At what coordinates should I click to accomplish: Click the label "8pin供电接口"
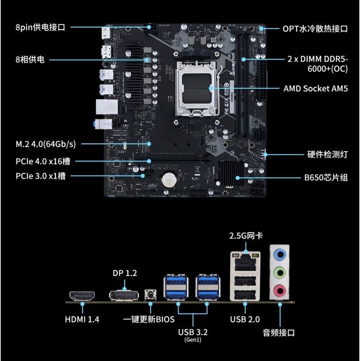40,28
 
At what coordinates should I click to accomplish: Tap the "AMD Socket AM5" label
316,89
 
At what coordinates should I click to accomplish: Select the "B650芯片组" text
326,178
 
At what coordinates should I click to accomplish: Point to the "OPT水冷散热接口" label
315,29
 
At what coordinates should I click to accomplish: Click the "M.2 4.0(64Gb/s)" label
46,144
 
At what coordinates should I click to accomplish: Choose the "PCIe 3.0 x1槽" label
41,176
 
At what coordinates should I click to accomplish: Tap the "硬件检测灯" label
327,154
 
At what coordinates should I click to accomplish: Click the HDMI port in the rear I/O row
82,296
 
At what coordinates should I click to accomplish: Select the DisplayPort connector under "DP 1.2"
124,295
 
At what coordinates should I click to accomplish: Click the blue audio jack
280,255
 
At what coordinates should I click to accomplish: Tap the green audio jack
280,273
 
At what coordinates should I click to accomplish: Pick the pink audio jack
280,291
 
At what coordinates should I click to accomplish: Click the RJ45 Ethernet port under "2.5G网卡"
246,262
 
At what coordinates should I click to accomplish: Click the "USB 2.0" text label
245,319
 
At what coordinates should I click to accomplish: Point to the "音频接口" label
279,333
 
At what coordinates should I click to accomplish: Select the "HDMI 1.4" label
82,319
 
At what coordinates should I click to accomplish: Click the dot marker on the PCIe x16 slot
149,161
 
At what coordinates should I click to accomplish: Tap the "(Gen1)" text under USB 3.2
193,340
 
